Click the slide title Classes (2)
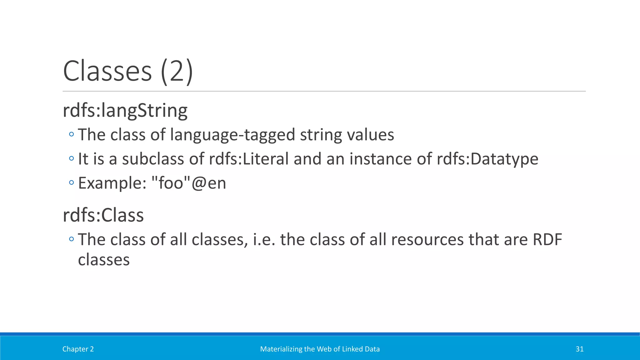pos(128,71)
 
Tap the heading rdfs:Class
pos(103,215)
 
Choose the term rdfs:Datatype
pos(487,159)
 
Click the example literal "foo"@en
pos(188,183)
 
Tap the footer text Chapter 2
pos(78,349)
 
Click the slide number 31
pos(579,349)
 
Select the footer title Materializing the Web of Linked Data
pos(320,349)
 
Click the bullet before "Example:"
pos(72,182)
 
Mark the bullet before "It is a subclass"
pos(72,158)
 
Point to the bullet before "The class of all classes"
pos(72,239)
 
